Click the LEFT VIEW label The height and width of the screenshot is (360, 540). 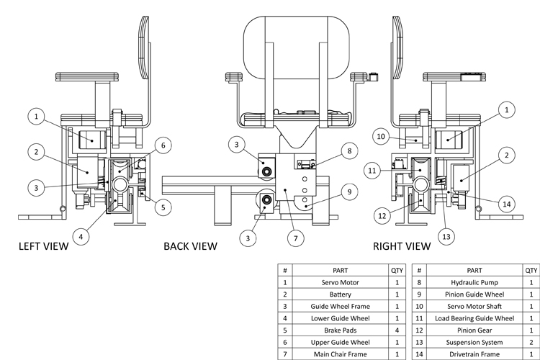pyautogui.click(x=42, y=247)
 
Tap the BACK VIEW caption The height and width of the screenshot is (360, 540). pyautogui.click(x=190, y=247)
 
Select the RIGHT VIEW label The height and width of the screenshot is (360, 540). pyautogui.click(x=401, y=247)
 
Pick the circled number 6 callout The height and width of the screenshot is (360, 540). pyautogui.click(x=163, y=145)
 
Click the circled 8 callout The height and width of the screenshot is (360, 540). pyautogui.click(x=348, y=151)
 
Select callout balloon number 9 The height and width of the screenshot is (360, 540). pyautogui.click(x=348, y=192)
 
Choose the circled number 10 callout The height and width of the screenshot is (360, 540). pyautogui.click(x=382, y=135)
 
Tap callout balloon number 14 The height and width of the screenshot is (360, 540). pyautogui.click(x=508, y=204)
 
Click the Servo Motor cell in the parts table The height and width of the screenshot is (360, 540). pyautogui.click(x=341, y=283)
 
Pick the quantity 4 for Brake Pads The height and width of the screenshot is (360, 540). pyautogui.click(x=397, y=330)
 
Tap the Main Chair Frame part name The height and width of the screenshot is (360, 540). pyautogui.click(x=341, y=354)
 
